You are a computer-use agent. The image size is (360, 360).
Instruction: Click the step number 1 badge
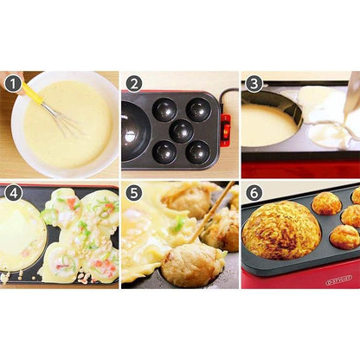coord(13,84)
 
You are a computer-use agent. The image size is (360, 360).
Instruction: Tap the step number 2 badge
coord(133,84)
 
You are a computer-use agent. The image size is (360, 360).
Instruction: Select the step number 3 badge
coord(254,84)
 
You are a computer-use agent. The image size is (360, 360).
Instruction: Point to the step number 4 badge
coord(13,192)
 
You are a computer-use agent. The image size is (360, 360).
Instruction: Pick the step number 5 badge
coord(133,192)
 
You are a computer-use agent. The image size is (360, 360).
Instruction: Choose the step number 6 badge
coord(254,192)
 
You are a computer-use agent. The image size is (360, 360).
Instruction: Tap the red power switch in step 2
coord(226,130)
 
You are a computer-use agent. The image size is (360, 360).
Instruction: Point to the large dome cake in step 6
coord(281,229)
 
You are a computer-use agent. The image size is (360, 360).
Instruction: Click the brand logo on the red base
coord(338,280)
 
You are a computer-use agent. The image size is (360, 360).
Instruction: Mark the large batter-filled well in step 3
coord(268,125)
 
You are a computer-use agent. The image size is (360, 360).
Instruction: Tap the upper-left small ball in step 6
coord(326,203)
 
